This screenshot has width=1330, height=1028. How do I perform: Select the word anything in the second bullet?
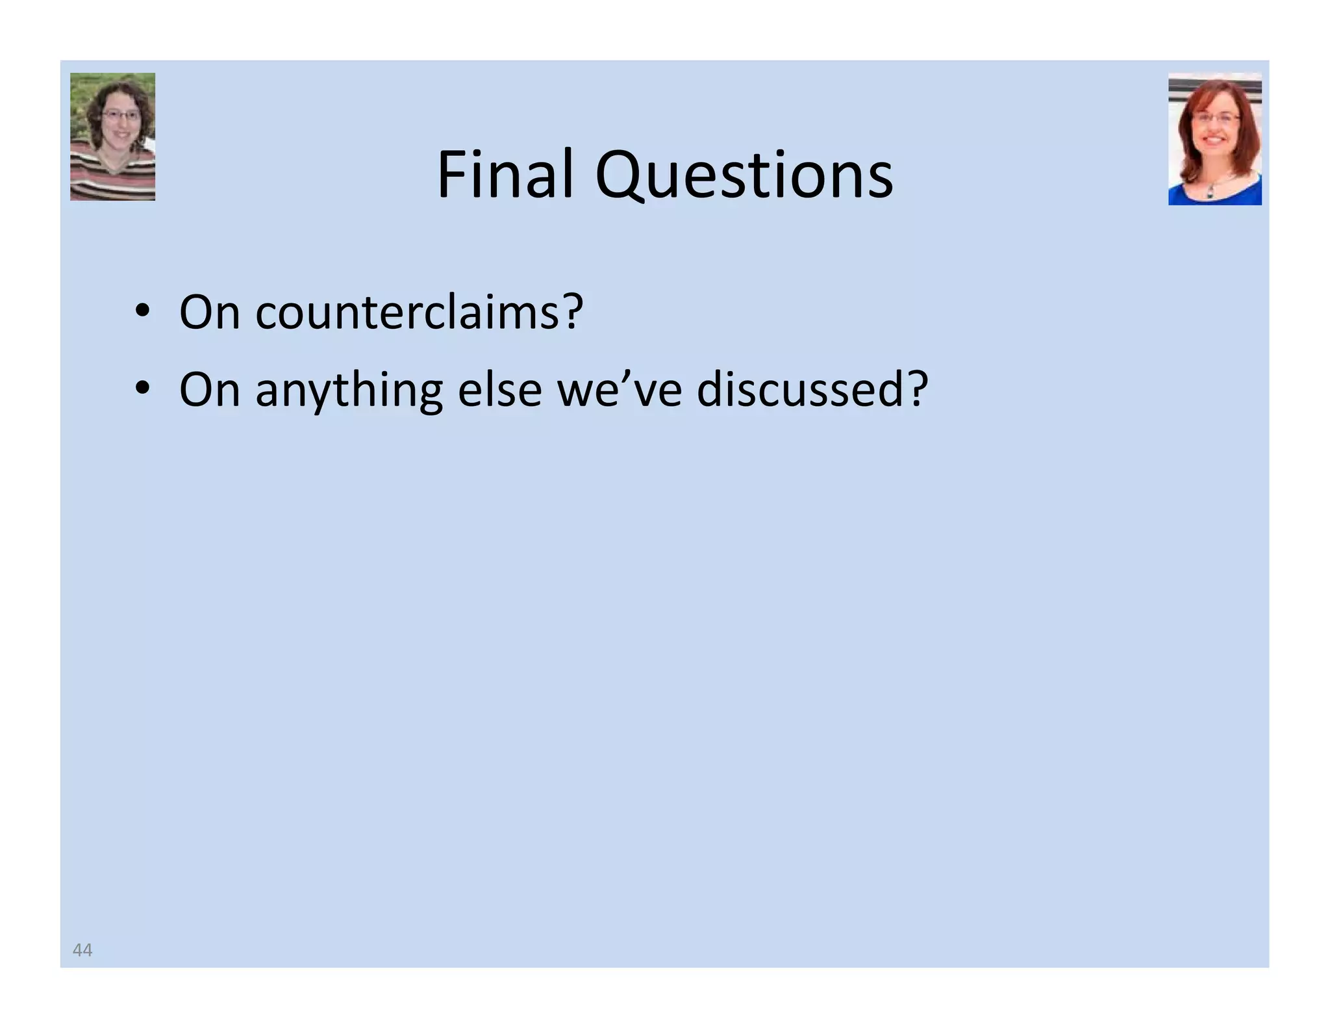pos(349,391)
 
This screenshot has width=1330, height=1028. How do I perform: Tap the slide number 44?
pos(82,950)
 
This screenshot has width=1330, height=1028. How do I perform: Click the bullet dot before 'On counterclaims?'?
pos(142,311)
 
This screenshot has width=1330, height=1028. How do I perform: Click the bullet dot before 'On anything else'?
pos(142,389)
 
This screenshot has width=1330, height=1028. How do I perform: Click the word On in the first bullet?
pos(209,313)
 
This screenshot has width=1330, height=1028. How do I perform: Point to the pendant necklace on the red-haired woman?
pos(1210,192)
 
